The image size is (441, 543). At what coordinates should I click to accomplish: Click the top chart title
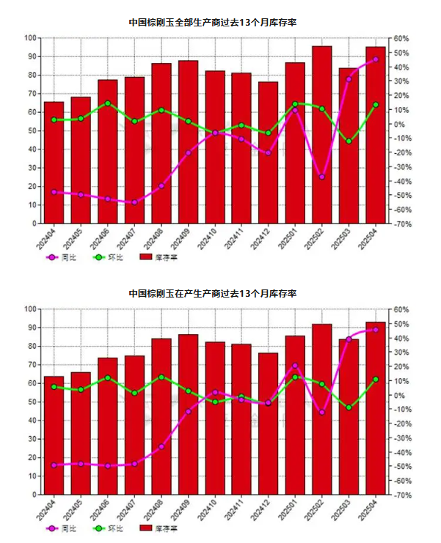213,23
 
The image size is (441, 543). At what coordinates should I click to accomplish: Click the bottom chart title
213,293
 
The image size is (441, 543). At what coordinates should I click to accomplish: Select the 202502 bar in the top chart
322,135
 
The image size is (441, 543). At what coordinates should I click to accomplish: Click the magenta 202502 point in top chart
322,177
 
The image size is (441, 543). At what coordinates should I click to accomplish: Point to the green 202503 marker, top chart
349,141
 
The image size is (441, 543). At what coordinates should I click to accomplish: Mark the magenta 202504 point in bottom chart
376,330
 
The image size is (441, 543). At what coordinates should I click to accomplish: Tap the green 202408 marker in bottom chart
161,377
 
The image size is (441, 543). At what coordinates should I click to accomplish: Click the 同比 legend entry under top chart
61,258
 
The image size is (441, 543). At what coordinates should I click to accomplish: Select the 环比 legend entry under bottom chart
108,528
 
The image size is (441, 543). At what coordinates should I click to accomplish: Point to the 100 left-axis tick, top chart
31,37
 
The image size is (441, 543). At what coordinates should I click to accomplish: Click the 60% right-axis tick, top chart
401,38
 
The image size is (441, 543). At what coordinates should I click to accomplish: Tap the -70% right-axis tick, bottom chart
401,495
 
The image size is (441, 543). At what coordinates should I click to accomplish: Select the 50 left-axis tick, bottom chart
33,402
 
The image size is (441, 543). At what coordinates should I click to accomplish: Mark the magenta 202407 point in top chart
134,202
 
